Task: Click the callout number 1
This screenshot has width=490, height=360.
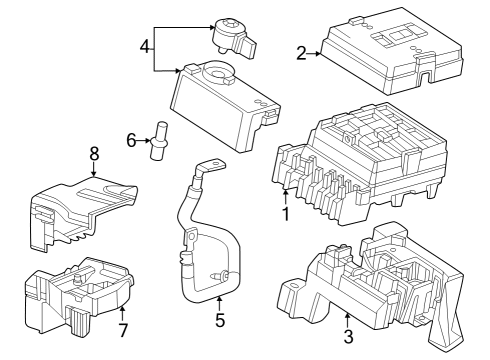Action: (285, 213)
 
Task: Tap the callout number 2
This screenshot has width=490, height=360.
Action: (301, 53)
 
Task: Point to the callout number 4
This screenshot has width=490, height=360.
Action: (145, 47)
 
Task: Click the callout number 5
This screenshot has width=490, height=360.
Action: (220, 321)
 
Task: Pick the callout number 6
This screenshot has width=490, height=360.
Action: (131, 141)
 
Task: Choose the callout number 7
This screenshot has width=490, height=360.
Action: (123, 329)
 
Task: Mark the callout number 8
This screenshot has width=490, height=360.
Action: (94, 154)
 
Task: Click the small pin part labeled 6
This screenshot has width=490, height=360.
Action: (158, 143)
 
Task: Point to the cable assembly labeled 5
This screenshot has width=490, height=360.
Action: (200, 240)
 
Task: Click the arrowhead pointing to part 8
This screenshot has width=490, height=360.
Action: (94, 174)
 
